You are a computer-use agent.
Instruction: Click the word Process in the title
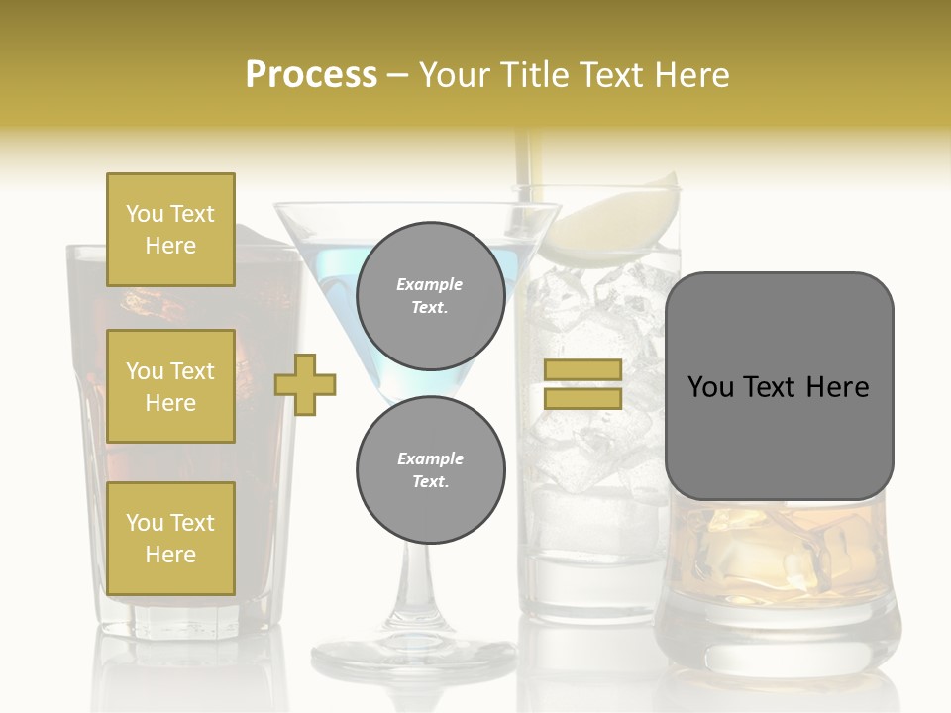coord(311,75)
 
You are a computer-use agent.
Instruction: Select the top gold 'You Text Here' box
coord(170,230)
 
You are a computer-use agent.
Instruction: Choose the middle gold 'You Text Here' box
coord(170,386)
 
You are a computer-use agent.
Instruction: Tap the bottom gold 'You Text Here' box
coord(170,539)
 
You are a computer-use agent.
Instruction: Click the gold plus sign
coord(305,384)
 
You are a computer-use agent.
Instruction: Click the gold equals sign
coord(582,384)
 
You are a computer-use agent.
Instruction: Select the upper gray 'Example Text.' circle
coord(430,295)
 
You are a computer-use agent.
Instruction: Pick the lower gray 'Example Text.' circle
coord(430,469)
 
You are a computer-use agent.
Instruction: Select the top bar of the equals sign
coord(582,370)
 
